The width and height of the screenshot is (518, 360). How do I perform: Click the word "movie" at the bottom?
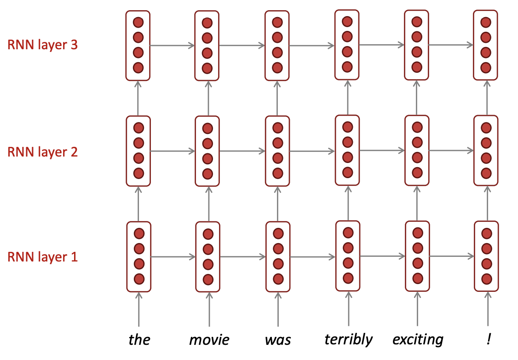pos(209,340)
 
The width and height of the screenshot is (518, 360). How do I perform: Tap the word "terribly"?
pos(348,339)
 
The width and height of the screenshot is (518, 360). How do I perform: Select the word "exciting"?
pos(418,340)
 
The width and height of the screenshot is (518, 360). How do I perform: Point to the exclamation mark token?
pos(488,339)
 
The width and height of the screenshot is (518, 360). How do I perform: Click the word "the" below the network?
pos(139,340)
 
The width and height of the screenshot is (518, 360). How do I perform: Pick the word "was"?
pos(278,340)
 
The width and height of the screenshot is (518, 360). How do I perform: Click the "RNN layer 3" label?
pos(42,46)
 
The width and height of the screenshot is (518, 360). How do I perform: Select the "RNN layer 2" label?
pos(42,151)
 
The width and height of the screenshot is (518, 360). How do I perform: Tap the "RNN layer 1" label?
pos(42,256)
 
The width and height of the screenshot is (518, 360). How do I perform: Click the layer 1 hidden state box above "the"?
pos(139,256)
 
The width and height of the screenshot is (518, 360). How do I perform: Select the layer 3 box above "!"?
pos(486,45)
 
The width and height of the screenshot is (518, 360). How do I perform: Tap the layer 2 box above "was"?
pos(278,151)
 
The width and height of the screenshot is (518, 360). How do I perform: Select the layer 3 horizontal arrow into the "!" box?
pos(451,45)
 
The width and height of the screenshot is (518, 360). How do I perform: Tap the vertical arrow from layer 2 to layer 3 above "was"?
pos(277,98)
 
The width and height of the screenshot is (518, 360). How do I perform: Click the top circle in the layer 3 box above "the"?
pos(138,23)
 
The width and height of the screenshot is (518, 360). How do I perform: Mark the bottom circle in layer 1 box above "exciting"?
pos(418,279)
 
